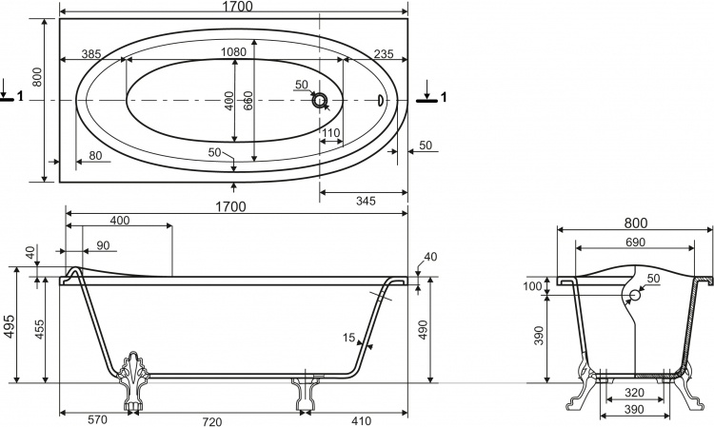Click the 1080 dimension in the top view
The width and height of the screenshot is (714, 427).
pyautogui.click(x=233, y=52)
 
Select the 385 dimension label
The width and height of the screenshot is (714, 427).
pyautogui.click(x=91, y=53)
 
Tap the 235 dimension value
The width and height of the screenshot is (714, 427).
pyautogui.click(x=384, y=53)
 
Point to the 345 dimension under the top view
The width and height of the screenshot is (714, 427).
pyautogui.click(x=366, y=201)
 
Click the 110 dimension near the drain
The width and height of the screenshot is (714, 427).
pyautogui.click(x=331, y=133)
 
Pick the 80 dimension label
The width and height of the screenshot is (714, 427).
pyautogui.click(x=95, y=156)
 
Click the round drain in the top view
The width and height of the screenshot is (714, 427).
pyautogui.click(x=320, y=100)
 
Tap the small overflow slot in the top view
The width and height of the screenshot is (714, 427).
pyautogui.click(x=381, y=100)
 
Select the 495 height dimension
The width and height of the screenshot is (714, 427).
pyautogui.click(x=10, y=326)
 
